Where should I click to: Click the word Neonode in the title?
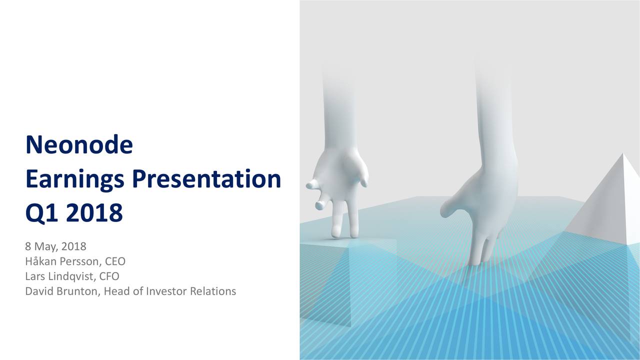[79, 144]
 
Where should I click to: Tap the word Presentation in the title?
[206, 179]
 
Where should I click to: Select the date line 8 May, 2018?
[55, 246]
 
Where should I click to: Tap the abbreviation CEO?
[115, 261]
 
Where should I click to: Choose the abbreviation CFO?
[109, 276]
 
